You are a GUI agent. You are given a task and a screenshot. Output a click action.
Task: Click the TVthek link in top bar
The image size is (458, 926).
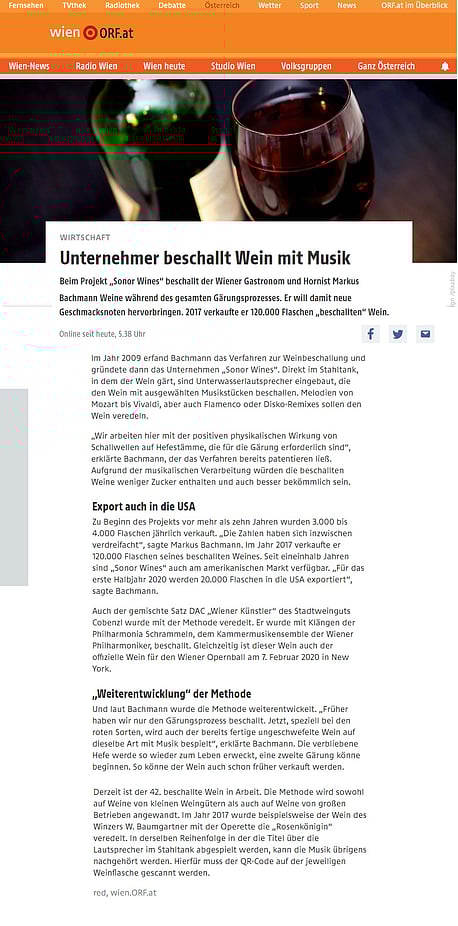pyautogui.click(x=74, y=6)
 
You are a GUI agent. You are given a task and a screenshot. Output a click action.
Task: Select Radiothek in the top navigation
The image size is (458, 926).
pyautogui.click(x=122, y=6)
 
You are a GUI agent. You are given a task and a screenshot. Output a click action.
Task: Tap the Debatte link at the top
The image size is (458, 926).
pyautogui.click(x=172, y=6)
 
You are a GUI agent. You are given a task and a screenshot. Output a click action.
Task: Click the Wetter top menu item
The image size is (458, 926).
pyautogui.click(x=270, y=6)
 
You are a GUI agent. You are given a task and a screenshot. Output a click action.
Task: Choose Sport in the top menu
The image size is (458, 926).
pyautogui.click(x=309, y=6)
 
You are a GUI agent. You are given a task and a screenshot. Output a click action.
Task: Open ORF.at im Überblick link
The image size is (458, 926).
pyautogui.click(x=414, y=6)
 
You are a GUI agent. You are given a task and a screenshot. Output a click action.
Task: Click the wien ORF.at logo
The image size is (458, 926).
pyautogui.click(x=91, y=33)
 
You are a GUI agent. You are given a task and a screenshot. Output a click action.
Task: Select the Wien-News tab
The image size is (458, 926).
pyautogui.click(x=29, y=66)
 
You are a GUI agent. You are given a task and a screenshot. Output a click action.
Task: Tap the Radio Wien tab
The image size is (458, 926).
pyautogui.click(x=96, y=66)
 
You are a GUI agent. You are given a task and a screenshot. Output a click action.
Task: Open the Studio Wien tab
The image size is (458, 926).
pyautogui.click(x=233, y=66)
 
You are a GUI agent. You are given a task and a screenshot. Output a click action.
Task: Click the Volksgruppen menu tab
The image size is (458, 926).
pyautogui.click(x=306, y=66)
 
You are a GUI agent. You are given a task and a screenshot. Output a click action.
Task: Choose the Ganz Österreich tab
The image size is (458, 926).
pyautogui.click(x=386, y=66)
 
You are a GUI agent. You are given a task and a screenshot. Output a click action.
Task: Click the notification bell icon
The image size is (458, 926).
pyautogui.click(x=445, y=66)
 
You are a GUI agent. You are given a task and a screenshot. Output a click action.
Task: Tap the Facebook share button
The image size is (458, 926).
pyautogui.click(x=370, y=334)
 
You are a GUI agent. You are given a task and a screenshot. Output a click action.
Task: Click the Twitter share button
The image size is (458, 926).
pyautogui.click(x=398, y=334)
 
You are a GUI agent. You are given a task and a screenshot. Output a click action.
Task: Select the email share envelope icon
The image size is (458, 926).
pyautogui.click(x=426, y=334)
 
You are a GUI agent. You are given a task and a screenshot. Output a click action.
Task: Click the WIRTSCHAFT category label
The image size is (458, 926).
pyautogui.click(x=85, y=238)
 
